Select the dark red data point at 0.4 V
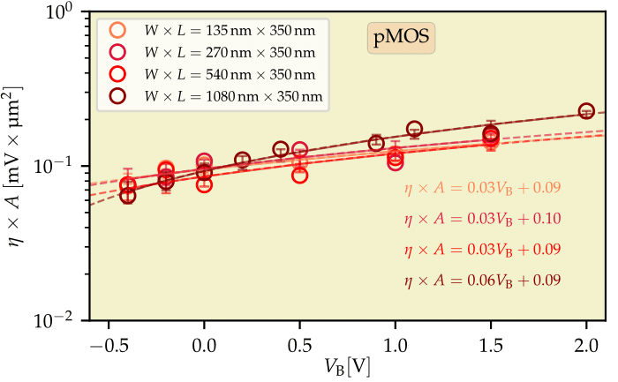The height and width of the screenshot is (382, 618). [x=281, y=149]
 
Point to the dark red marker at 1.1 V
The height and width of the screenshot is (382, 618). [x=414, y=130]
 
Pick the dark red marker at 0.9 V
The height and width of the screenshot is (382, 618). [x=376, y=143]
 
